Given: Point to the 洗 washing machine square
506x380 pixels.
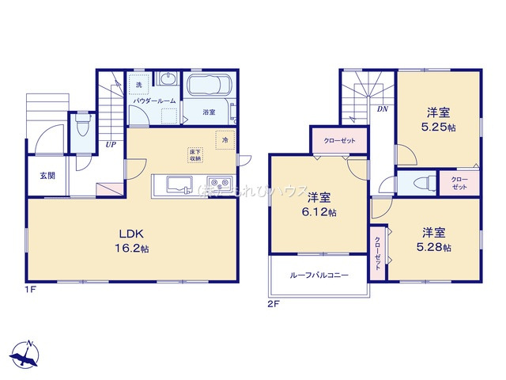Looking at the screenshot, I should (138, 85).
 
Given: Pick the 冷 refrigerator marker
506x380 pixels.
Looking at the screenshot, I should (225, 140).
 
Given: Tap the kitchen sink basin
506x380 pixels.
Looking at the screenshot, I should (177, 185).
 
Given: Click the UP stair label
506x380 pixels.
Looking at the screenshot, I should (112, 144).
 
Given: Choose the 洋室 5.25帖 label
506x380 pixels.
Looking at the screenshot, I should (437, 120).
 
